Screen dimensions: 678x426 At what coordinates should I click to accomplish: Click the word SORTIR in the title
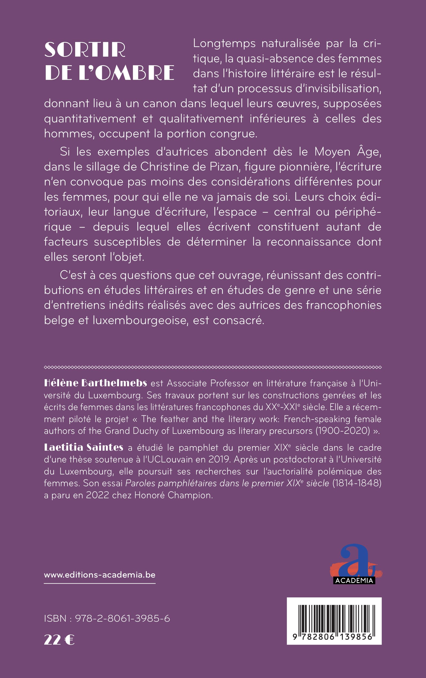85,50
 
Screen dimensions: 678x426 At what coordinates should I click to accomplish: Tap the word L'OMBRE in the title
126,73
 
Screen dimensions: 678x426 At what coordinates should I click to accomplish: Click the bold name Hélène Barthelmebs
95,383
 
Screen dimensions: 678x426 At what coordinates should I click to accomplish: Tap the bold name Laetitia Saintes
84,447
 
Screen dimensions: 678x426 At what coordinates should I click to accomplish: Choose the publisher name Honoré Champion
173,495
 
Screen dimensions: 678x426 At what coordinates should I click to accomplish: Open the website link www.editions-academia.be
100,574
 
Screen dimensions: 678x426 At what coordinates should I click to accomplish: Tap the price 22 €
59,640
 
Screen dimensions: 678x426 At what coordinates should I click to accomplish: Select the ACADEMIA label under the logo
354,580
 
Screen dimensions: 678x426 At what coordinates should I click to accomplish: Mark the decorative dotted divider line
213,367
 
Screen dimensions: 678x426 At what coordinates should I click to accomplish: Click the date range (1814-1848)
357,483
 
